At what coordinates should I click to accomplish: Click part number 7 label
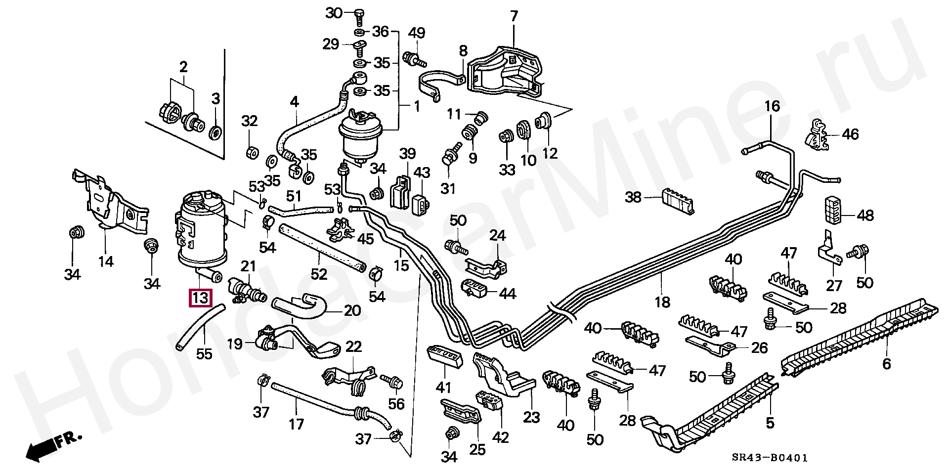pyautogui.click(x=514, y=16)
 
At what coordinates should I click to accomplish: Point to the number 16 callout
pyautogui.click(x=772, y=106)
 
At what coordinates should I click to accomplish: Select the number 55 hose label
pyautogui.click(x=204, y=354)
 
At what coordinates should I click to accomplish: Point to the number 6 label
pyautogui.click(x=886, y=364)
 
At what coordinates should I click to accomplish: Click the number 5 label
pyautogui.click(x=770, y=423)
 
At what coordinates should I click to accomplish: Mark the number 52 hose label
pyautogui.click(x=319, y=273)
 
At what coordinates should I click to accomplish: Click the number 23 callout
pyautogui.click(x=531, y=417)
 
